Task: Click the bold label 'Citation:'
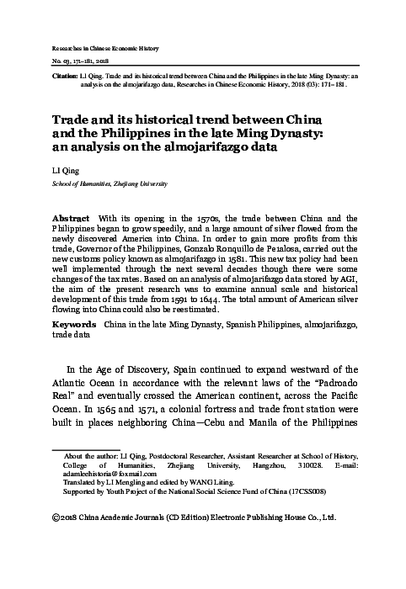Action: coord(67,74)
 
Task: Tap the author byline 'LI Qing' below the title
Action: coord(64,169)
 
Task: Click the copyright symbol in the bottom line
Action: coord(56,519)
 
